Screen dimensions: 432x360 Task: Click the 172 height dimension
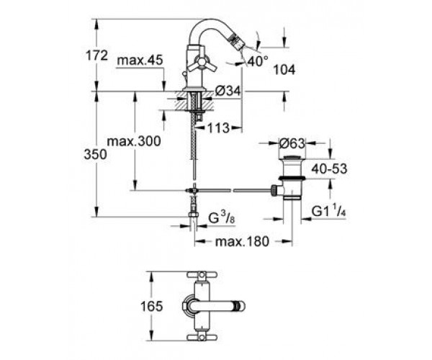(96, 56)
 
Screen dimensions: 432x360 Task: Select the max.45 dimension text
(140, 60)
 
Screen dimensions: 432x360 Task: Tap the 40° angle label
(257, 61)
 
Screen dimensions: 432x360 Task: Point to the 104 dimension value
(284, 70)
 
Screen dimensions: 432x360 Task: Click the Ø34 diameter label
(228, 91)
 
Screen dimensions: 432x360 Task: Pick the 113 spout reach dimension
(218, 128)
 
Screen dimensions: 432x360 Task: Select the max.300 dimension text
(134, 142)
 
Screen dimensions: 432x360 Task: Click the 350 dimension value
(95, 155)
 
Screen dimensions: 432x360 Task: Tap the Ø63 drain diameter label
(292, 143)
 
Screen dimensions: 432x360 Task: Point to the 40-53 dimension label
(329, 169)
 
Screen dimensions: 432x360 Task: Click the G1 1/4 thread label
(329, 212)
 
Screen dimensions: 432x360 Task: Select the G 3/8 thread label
(222, 219)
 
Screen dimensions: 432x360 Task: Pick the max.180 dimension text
(242, 242)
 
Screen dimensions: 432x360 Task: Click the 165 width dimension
(152, 306)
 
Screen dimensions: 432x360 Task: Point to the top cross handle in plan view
(202, 274)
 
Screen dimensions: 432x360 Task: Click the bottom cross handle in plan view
(202, 337)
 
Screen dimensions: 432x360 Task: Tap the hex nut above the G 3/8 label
(194, 215)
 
